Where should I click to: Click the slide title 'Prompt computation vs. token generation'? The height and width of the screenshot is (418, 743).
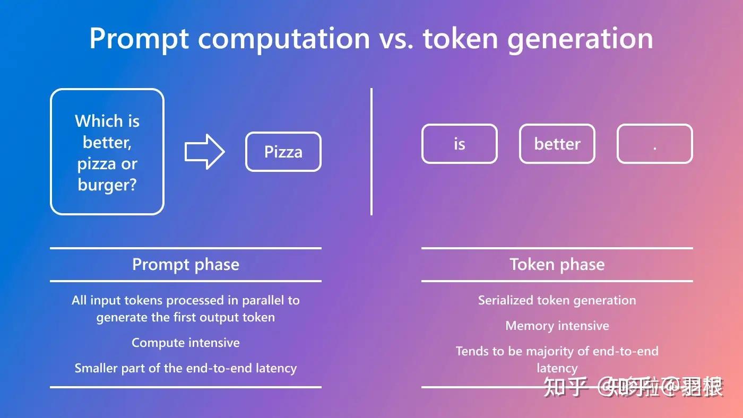[371, 38]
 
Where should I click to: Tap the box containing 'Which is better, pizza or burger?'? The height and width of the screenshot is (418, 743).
[107, 152]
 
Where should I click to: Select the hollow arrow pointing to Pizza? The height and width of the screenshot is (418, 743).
[204, 152]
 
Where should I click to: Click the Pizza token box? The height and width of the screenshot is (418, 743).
[283, 152]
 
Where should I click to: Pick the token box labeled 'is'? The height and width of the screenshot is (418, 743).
[459, 144]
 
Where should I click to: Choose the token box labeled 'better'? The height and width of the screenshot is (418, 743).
[557, 144]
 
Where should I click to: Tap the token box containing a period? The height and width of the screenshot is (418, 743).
[654, 144]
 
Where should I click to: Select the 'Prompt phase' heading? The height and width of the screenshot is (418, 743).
[185, 264]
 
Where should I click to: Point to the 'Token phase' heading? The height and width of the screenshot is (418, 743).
[557, 264]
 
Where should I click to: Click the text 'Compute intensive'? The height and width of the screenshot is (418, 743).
[185, 343]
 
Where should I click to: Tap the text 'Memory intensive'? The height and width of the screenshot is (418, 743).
[557, 326]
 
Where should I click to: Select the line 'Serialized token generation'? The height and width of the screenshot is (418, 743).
[557, 300]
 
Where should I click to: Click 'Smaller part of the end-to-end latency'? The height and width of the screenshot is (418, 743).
[185, 368]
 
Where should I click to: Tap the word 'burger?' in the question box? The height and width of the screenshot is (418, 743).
[107, 185]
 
